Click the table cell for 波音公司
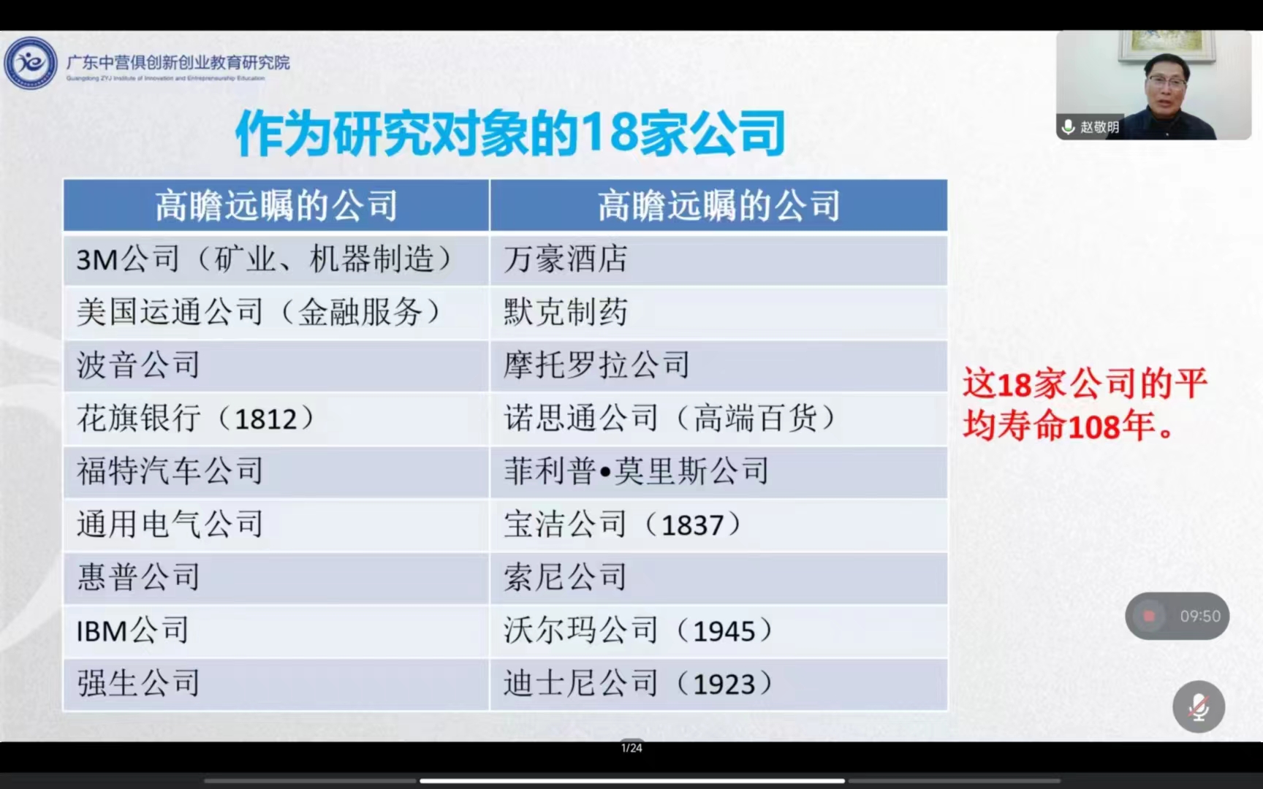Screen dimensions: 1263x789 276,365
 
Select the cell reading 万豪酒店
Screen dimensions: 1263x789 718,259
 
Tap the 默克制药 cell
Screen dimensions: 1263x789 718,313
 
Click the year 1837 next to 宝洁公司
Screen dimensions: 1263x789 692,525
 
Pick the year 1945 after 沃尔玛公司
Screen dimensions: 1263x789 724,631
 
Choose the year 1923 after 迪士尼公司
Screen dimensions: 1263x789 724,685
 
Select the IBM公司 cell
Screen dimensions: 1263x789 276,630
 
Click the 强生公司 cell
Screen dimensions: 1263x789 276,684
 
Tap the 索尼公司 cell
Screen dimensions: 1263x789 718,578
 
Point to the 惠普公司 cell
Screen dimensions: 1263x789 276,578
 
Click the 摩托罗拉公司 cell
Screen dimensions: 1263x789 718,365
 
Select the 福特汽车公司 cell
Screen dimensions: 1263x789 276,472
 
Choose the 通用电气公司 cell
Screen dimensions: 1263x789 276,525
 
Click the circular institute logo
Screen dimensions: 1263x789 31,64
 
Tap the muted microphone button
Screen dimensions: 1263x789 1199,706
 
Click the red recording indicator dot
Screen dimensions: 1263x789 1149,616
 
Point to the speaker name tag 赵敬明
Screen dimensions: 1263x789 1091,127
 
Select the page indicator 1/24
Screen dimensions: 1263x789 631,747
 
